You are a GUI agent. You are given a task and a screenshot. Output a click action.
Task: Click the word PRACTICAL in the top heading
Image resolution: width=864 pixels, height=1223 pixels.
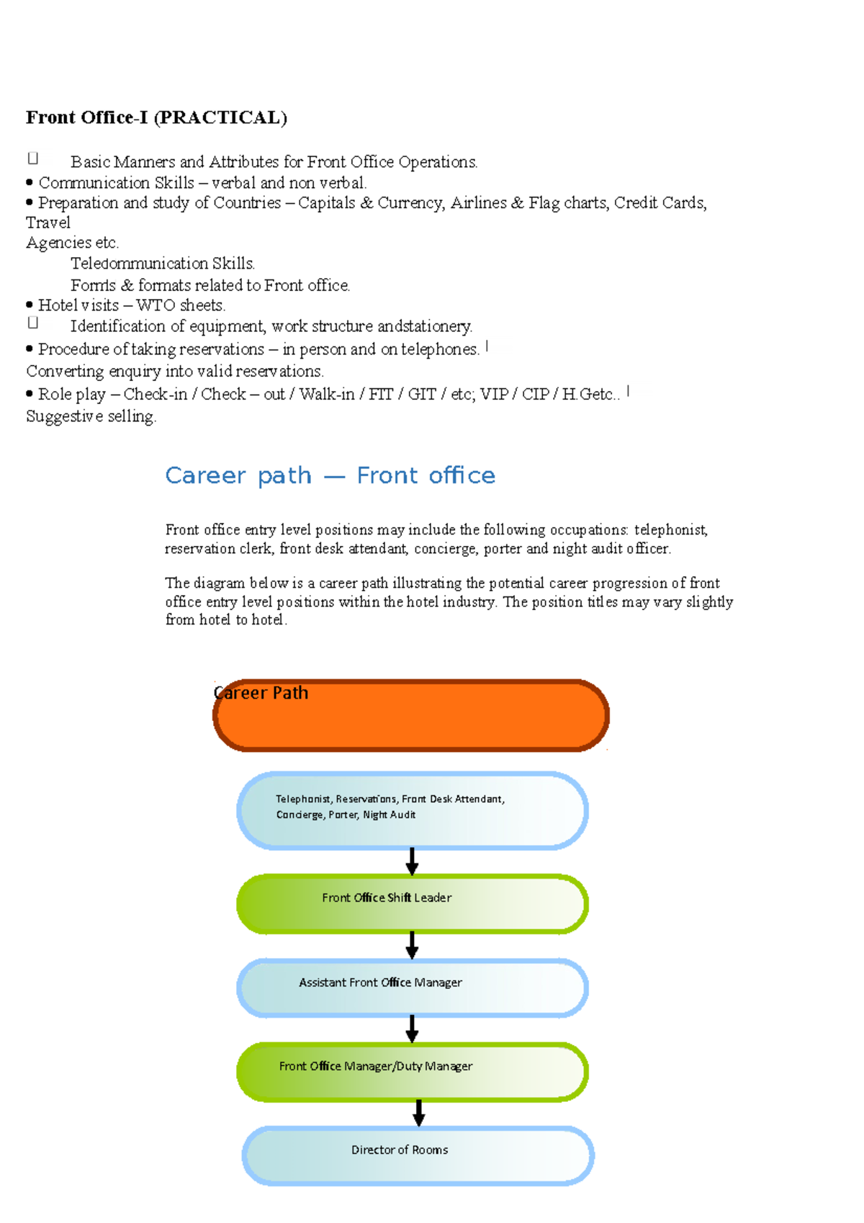click(220, 118)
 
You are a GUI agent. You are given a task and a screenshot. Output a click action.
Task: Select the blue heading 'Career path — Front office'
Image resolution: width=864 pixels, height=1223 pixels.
click(330, 476)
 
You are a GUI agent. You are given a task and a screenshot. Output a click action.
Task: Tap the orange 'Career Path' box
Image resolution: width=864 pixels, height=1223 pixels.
click(411, 716)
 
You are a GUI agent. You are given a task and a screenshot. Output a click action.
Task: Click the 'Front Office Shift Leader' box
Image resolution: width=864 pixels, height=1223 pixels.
click(412, 904)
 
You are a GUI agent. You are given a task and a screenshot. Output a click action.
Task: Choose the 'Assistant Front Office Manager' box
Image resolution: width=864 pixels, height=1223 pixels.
click(412, 987)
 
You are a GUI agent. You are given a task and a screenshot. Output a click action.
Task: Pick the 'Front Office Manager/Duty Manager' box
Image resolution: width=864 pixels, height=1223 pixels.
click(412, 1072)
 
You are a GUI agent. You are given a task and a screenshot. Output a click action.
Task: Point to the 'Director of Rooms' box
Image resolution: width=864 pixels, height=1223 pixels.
click(418, 1155)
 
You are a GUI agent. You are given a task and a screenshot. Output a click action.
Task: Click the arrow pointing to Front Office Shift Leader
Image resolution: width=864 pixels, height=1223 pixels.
click(412, 861)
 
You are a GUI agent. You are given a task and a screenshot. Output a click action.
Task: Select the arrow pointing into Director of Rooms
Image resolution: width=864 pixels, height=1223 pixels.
click(418, 1113)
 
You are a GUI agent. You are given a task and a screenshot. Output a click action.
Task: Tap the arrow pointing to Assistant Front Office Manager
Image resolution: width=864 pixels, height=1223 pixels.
click(412, 945)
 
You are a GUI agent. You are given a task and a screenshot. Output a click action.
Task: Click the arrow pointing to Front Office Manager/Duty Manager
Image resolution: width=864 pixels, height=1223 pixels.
click(412, 1029)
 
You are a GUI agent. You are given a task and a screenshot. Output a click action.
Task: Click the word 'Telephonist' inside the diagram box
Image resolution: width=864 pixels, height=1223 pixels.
click(302, 799)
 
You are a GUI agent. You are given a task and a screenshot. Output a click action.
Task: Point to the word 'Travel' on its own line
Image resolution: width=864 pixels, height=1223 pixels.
click(48, 223)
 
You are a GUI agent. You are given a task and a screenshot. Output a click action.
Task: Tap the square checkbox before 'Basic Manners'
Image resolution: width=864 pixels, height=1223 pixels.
click(32, 158)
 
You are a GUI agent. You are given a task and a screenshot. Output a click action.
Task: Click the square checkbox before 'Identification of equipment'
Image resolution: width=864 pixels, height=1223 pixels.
click(32, 323)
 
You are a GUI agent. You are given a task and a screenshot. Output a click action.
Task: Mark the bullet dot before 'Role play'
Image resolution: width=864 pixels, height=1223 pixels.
click(30, 394)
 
